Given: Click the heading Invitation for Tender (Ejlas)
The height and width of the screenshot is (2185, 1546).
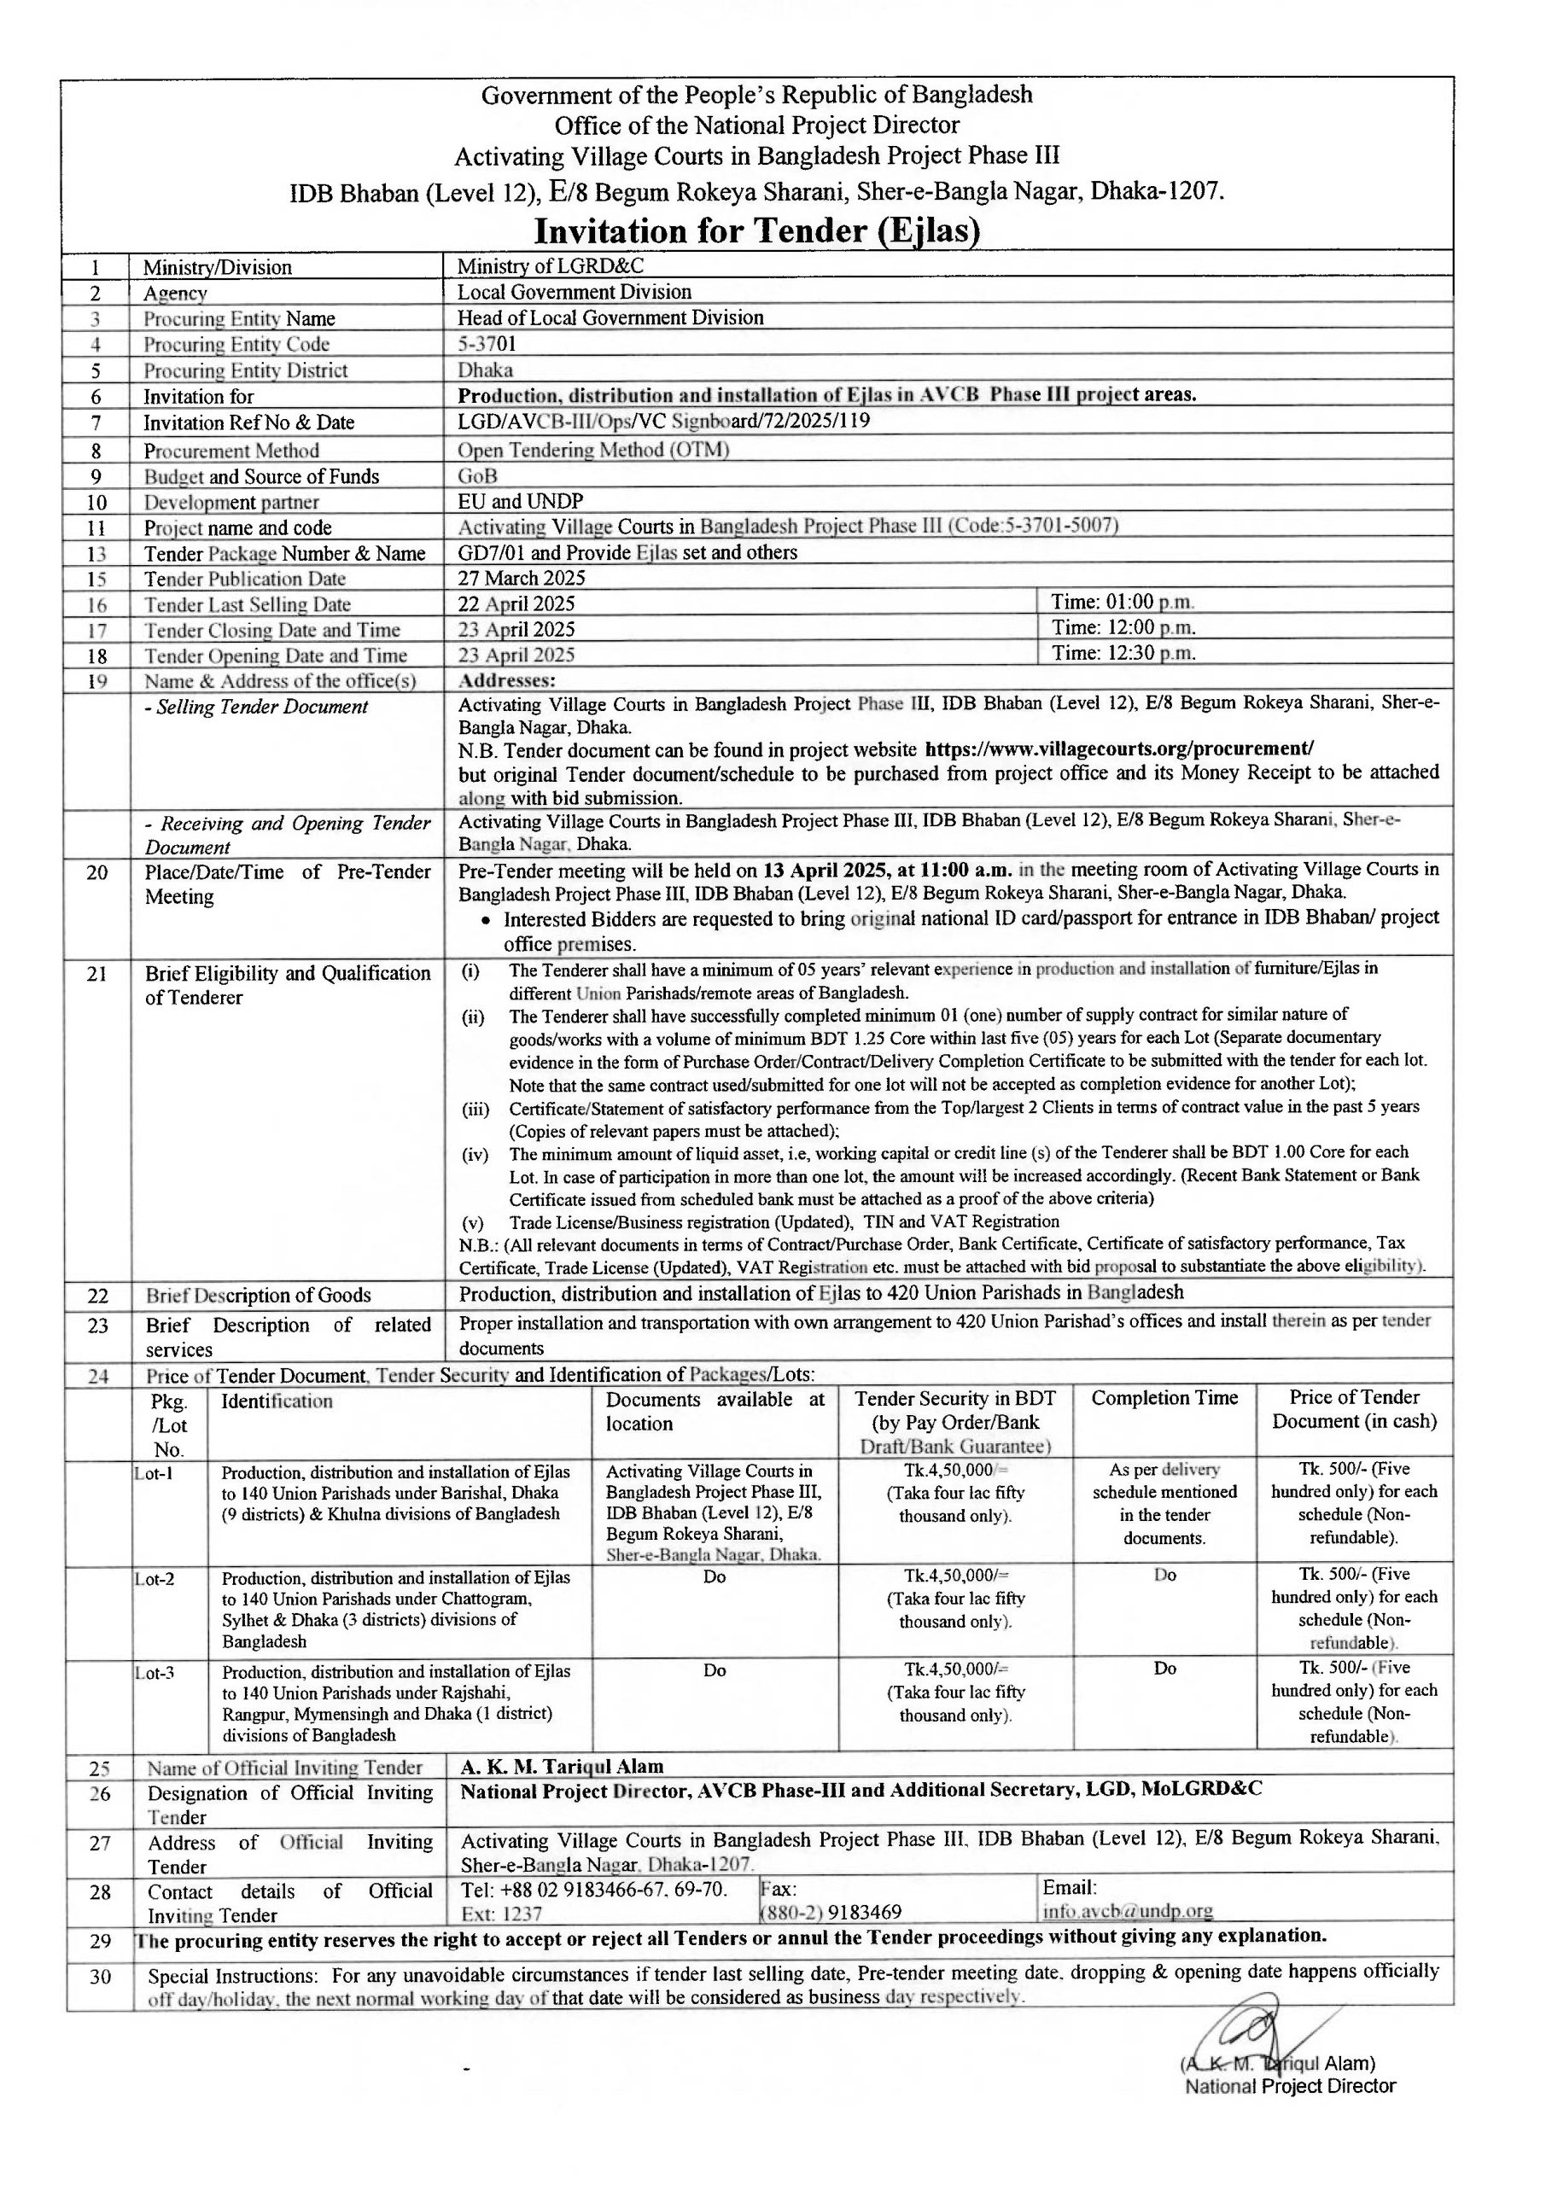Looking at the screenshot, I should coord(757,231).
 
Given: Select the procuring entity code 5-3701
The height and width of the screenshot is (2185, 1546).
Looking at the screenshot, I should coord(487,344).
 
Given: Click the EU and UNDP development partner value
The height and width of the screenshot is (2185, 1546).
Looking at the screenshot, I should coord(520,502).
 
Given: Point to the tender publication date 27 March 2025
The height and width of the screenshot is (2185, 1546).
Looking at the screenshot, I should coord(522,579).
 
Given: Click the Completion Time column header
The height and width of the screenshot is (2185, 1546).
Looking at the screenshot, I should coord(1164,1399).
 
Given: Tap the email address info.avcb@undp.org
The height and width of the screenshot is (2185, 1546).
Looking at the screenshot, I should coord(1128,1911).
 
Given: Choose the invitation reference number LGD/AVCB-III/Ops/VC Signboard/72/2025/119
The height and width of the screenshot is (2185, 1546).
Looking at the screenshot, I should coord(663,422).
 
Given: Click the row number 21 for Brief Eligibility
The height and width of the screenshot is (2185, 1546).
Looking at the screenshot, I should coord(97,974).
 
